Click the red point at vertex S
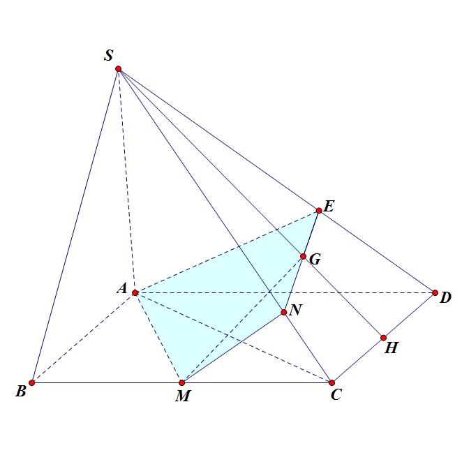pos(119,68)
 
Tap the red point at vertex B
pos(32,382)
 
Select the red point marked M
pos(181,382)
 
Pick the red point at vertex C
pos(332,382)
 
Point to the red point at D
pos(435,292)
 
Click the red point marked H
pos(383,338)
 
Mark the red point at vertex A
pos(135,292)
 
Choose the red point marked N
pos(284,312)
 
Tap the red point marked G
pos(304,257)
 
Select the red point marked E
pos(319,210)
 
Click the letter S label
pos(108,55)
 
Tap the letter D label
pos(445,299)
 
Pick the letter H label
pos(392,348)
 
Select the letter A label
pos(121,288)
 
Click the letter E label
pos(329,206)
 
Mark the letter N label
pos(295,310)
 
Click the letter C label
pos(336,396)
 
